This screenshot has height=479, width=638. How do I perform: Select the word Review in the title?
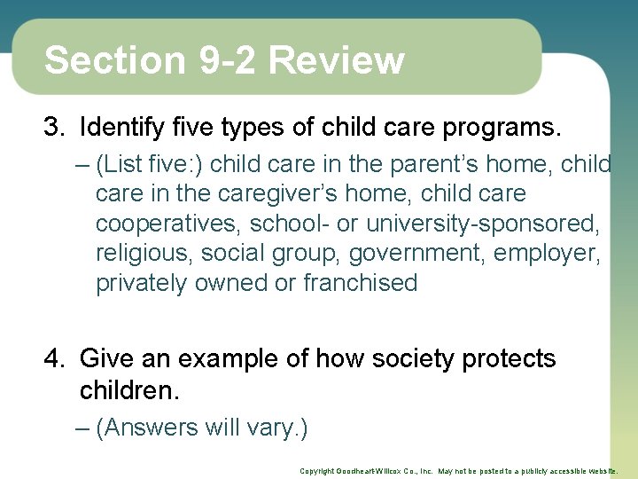tap(336, 60)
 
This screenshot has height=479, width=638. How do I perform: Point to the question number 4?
tap(55, 359)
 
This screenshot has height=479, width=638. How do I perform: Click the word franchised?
tap(360, 283)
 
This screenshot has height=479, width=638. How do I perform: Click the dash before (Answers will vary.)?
tap(83, 428)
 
